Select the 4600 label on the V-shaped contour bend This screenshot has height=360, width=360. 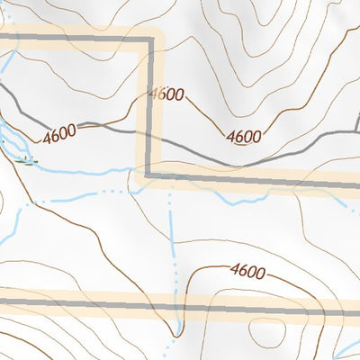244,138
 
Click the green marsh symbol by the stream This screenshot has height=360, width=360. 27,162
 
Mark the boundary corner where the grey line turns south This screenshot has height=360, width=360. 149,40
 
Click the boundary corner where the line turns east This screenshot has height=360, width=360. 149,174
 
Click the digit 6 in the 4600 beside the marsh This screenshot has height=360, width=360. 56,137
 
